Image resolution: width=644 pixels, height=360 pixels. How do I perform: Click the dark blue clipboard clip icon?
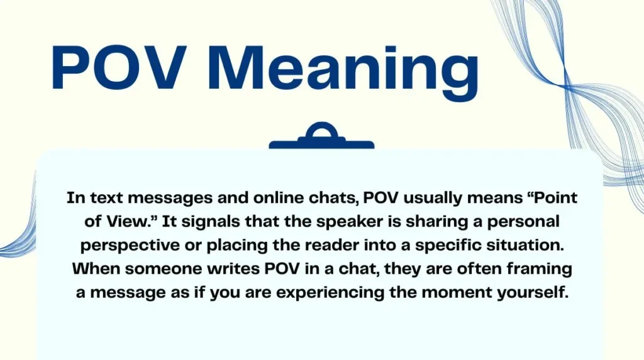pyautogui.click(x=321, y=138)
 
